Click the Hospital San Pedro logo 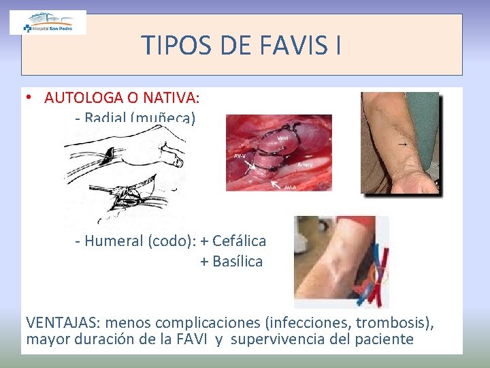pos(48,22)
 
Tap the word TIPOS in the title pos(173,46)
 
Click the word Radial pos(105,118)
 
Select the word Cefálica pos(239,241)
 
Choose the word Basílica pos(238,261)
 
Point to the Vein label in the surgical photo pos(282,138)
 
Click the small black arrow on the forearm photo pos(403,144)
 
